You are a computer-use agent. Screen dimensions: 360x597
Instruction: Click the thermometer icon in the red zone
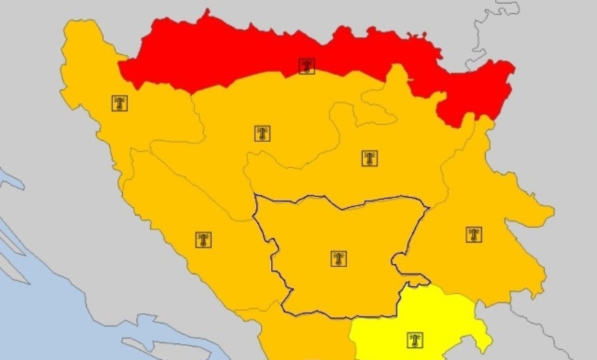[x=307, y=67]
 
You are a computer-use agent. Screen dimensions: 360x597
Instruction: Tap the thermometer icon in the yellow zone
[x=414, y=340]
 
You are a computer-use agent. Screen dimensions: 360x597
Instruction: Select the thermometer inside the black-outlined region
[x=338, y=258]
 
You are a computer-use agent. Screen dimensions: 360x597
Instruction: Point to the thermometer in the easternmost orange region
[x=474, y=234]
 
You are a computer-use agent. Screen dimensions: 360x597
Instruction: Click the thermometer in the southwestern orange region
[x=203, y=240]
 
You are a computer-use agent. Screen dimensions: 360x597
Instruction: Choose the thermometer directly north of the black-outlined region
[x=370, y=158]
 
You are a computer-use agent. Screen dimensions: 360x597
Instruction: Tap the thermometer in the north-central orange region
[x=263, y=133]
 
